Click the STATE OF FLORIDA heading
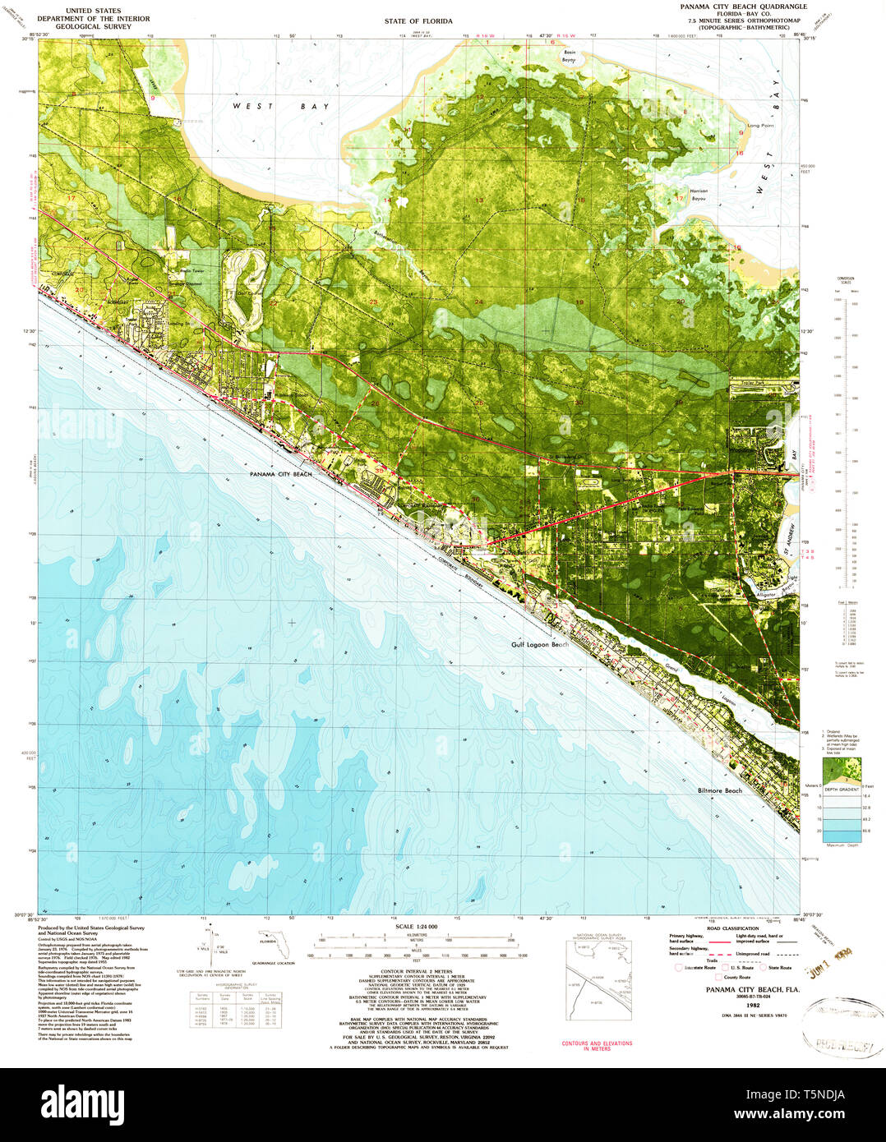point(420,21)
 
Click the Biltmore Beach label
point(715,790)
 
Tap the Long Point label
point(760,126)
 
